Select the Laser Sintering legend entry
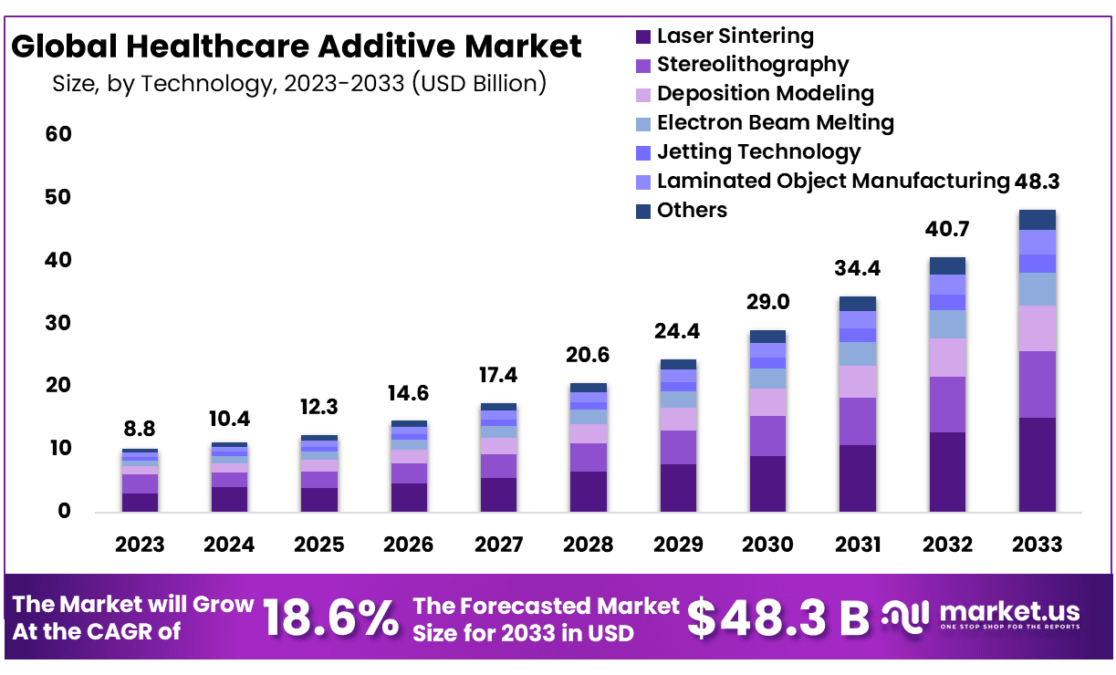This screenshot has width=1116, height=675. pos(735,36)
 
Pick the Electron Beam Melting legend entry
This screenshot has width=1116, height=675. pos(775,122)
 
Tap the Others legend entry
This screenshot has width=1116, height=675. pos(692,210)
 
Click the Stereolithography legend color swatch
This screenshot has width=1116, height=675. pos(643,66)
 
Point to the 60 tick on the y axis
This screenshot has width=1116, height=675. pos(58,134)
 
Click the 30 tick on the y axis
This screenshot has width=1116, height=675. pos(58,323)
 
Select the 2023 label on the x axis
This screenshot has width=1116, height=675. pos(140,545)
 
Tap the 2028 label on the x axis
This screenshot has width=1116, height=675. pos(589,545)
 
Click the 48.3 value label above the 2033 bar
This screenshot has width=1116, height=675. pos(1037,182)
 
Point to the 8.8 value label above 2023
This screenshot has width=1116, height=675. pos(140,428)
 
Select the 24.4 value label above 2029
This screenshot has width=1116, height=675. pos(678,330)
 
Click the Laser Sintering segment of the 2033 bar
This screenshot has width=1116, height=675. pos(1037,464)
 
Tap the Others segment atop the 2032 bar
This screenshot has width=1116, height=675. pos(947,265)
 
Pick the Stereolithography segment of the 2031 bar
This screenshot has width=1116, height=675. pos(858,421)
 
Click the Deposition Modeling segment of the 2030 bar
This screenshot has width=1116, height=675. pos(767,402)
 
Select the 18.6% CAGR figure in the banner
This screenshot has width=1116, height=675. pos(331,618)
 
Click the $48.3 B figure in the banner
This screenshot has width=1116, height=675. pos(778,618)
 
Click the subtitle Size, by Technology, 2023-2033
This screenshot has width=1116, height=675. pos(299,83)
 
